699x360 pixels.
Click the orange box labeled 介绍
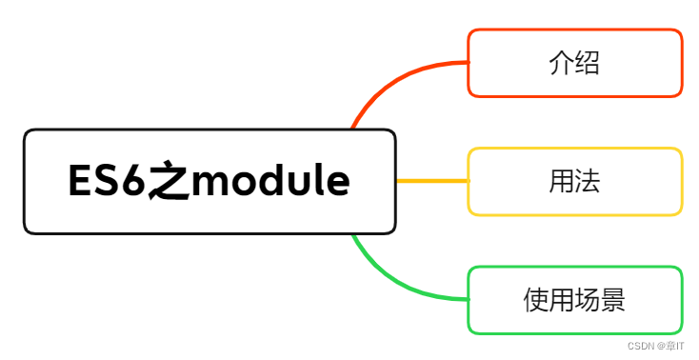point(574,63)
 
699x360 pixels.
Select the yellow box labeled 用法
point(574,181)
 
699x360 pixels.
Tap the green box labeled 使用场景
point(574,300)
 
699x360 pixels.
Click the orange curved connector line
point(390,81)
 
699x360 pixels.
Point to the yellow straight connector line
point(430,181)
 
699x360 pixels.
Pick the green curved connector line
point(390,281)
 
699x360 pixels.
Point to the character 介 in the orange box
point(562,63)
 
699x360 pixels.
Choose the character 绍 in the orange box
point(588,63)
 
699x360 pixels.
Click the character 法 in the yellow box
point(588,181)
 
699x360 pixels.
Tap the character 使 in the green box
point(536,300)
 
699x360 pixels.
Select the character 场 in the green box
point(588,300)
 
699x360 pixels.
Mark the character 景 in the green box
point(613,300)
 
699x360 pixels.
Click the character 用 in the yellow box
point(562,181)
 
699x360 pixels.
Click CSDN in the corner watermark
point(641,346)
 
